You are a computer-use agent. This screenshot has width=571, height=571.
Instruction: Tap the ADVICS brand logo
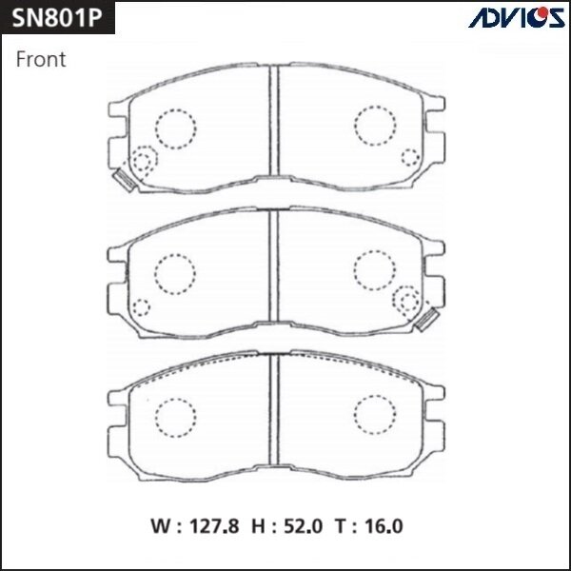(518, 17)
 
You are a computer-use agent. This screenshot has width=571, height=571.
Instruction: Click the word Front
(41, 59)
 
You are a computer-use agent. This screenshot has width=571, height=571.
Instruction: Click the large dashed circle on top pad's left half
(174, 128)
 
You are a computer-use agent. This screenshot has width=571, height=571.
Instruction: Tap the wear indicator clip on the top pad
(123, 179)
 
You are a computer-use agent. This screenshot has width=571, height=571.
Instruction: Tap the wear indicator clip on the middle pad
(426, 320)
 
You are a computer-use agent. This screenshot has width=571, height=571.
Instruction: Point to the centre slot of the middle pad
(274, 273)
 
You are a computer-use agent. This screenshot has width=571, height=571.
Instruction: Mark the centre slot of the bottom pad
(274, 413)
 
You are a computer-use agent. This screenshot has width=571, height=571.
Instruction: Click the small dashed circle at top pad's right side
(410, 157)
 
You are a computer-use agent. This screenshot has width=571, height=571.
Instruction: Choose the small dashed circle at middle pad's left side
(140, 307)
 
